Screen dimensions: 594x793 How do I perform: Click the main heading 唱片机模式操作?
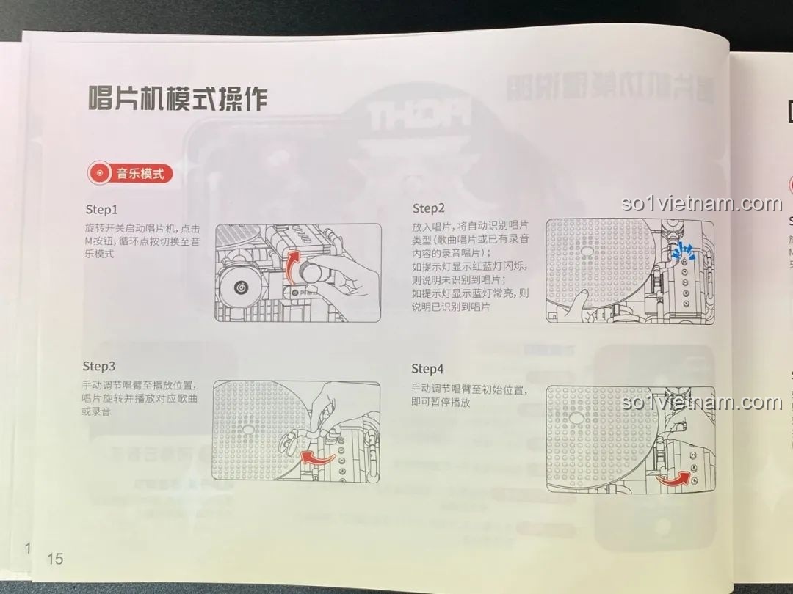(x=177, y=98)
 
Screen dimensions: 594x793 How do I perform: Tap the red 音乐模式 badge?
(x=131, y=174)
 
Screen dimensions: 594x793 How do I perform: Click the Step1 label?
(x=101, y=210)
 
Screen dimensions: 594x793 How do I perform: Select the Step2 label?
(x=429, y=208)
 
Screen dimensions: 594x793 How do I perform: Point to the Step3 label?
(x=99, y=366)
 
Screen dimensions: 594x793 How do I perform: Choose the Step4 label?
(x=427, y=368)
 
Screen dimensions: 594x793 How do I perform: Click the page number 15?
(x=55, y=559)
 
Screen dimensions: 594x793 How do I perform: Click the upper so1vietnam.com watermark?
(x=701, y=204)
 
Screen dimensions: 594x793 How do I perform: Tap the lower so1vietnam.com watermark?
(x=701, y=403)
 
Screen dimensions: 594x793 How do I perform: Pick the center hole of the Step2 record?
(x=585, y=250)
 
